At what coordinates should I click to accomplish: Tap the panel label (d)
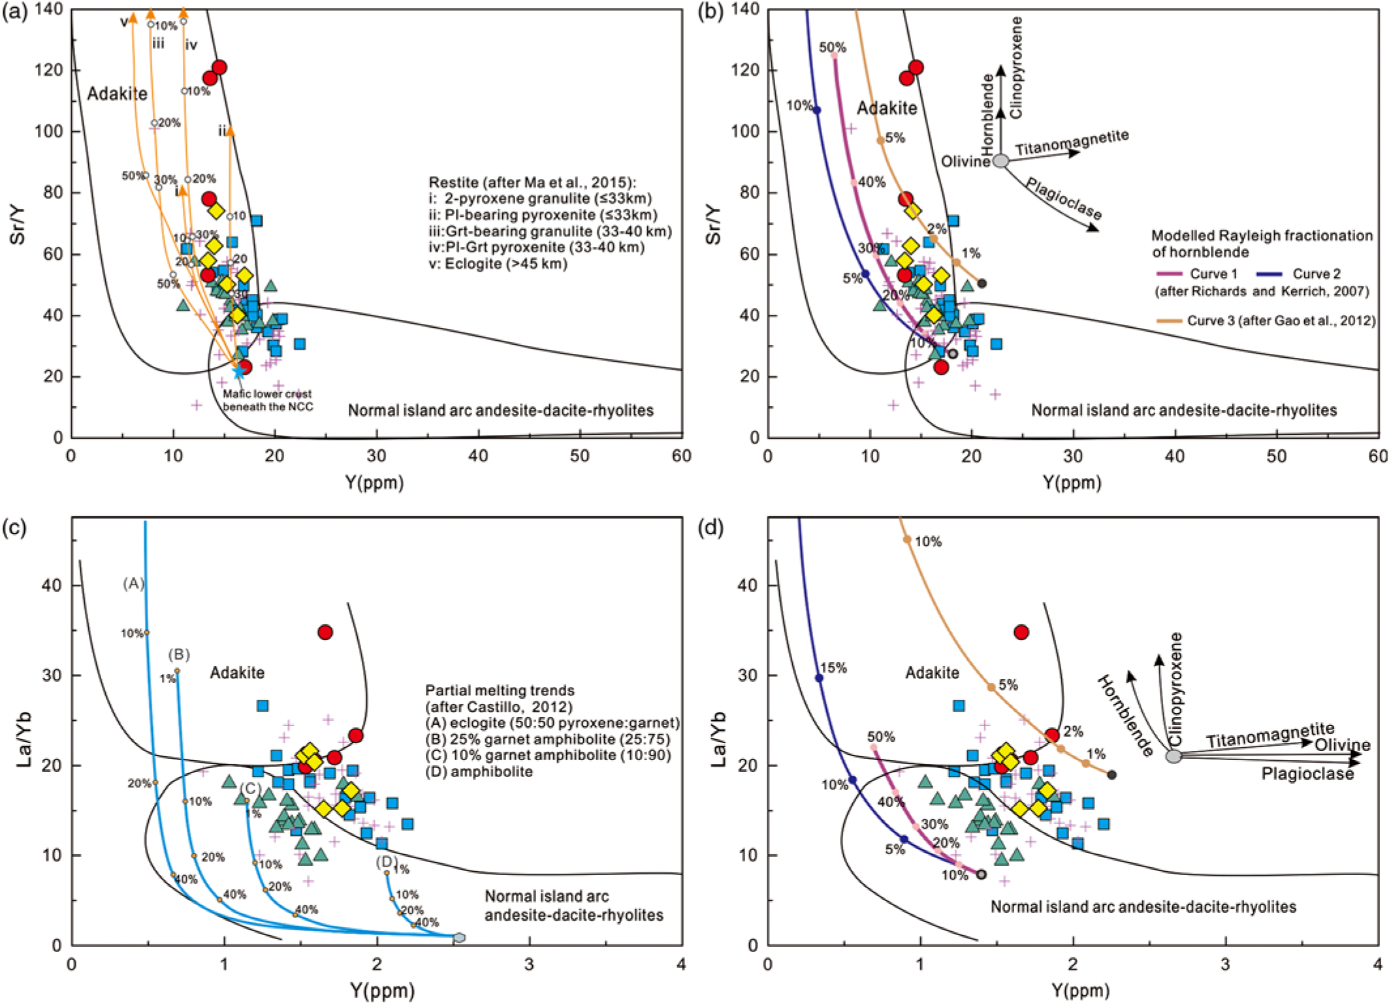click(711, 527)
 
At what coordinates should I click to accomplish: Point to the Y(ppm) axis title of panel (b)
click(1072, 483)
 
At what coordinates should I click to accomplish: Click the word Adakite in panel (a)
click(118, 94)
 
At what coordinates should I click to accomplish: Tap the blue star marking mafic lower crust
click(239, 372)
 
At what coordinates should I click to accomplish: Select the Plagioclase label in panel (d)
click(1307, 774)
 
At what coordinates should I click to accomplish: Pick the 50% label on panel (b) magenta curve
click(833, 48)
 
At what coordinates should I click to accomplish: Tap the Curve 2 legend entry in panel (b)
click(1315, 274)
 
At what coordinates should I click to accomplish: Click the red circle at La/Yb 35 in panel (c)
click(325, 632)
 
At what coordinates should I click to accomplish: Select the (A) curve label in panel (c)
click(133, 583)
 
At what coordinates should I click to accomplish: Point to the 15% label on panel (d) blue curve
click(833, 668)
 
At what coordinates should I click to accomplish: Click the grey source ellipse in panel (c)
click(459, 937)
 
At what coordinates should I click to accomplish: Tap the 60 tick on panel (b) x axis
click(1378, 456)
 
